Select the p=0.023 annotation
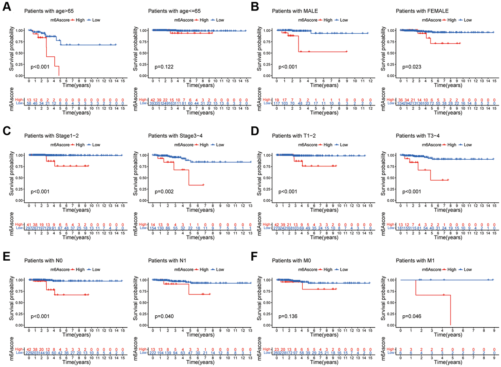point(411,67)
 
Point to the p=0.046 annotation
point(411,317)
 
